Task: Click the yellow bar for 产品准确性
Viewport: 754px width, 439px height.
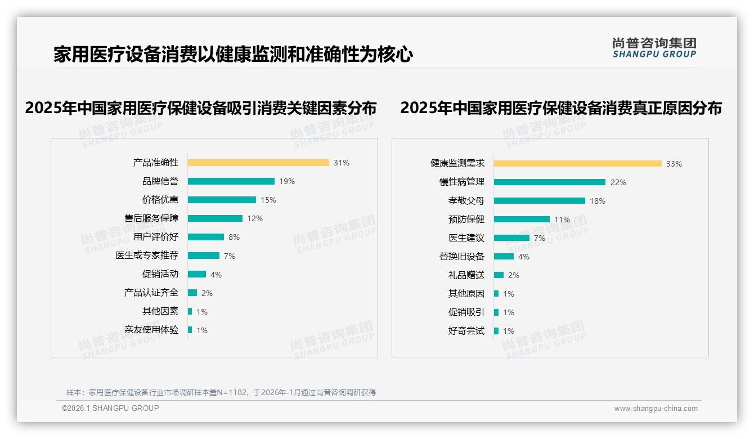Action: coord(258,163)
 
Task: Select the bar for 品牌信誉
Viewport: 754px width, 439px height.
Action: coord(231,181)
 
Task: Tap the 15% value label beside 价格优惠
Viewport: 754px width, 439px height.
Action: coord(268,200)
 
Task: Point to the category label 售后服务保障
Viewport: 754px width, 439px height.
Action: coord(151,218)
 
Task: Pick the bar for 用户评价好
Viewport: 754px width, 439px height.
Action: coord(206,237)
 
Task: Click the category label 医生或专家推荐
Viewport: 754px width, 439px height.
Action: coord(147,256)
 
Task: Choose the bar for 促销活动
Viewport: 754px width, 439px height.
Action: coord(197,274)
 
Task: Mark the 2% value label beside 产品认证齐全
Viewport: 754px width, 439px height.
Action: coord(207,293)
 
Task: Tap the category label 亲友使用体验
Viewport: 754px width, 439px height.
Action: coord(151,330)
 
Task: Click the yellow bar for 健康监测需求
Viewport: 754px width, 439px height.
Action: coord(578,164)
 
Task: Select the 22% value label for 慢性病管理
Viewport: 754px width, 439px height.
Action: coord(618,182)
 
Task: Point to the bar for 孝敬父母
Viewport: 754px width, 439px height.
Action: coord(540,200)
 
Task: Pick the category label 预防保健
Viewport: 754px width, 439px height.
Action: coord(466,219)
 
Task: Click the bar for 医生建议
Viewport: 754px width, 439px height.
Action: coord(511,238)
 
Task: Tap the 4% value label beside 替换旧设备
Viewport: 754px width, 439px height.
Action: coord(523,257)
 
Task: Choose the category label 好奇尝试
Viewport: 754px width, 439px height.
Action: coord(466,331)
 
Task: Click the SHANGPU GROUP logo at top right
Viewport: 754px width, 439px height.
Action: coord(654,47)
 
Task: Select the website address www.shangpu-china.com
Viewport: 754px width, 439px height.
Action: coord(656,409)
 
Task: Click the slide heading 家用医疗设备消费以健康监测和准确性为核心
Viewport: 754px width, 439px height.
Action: coord(234,55)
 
